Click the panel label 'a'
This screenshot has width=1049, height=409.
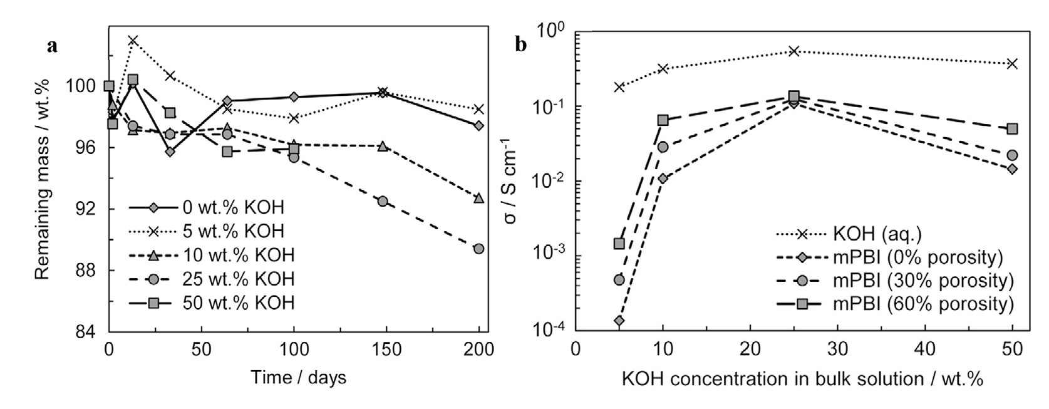click(53, 46)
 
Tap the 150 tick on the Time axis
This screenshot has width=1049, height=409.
click(387, 349)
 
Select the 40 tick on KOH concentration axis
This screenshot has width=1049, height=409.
click(925, 348)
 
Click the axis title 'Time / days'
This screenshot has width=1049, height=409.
click(298, 378)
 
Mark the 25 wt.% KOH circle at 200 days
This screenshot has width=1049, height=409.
click(479, 249)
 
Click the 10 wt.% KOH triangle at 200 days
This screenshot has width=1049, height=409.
click(479, 198)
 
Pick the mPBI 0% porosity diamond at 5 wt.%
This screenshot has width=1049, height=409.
click(619, 321)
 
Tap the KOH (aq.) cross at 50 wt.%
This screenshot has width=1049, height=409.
click(1012, 63)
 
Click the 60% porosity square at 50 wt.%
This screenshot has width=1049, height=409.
click(1012, 129)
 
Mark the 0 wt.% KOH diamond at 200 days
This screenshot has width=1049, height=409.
click(479, 126)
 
